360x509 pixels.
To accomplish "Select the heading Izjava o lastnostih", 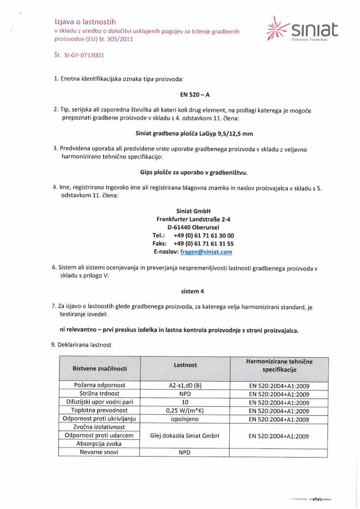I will click(86, 22).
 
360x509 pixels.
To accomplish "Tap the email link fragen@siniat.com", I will click(206, 251).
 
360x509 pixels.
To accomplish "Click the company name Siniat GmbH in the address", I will click(193, 211).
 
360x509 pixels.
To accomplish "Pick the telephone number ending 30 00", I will click(204, 235).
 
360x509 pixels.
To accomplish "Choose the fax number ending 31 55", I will click(204, 243).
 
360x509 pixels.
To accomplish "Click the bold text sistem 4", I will click(193, 291).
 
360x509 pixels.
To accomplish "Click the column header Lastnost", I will click(185, 365).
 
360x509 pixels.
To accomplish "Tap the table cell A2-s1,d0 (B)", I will click(185, 385).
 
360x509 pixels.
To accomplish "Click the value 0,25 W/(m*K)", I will click(185, 410).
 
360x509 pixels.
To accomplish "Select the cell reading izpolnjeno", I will click(185, 419).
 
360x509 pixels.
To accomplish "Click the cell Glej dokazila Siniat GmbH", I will click(185, 436).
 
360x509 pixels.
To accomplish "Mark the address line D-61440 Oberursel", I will click(193, 227).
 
